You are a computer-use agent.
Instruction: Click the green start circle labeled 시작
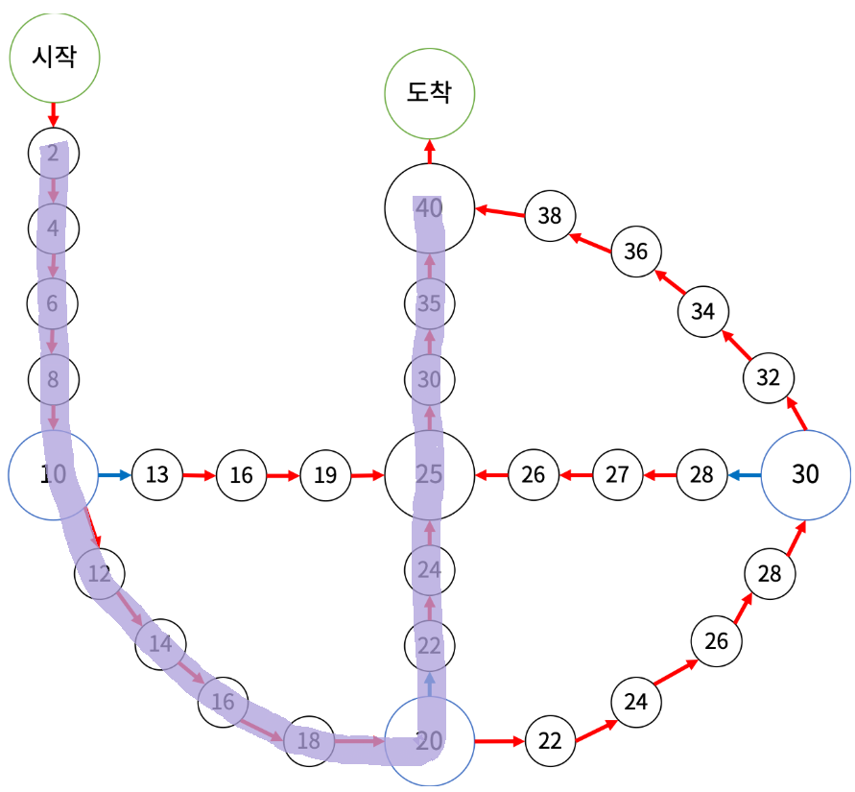pos(55,58)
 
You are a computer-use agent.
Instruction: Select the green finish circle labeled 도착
pos(429,93)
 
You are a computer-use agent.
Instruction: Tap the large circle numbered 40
pos(429,207)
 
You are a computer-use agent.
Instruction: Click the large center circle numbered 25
pos(429,474)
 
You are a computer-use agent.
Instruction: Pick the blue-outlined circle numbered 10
pos(53,474)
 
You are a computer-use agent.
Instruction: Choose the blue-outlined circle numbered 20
pos(429,741)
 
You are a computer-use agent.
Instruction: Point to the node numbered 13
pos(157,474)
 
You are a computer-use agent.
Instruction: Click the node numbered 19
pos(326,474)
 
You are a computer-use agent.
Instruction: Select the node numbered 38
pos(550,215)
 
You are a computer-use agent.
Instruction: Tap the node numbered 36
pos(636,252)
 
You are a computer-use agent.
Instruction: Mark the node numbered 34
pos(703,311)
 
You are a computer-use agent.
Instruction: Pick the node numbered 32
pos(769,376)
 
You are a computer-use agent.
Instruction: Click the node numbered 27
pos(618,474)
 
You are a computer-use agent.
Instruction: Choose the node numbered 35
pos(429,305)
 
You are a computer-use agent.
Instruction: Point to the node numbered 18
pos(309,740)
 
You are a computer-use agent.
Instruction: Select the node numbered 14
pos(160,643)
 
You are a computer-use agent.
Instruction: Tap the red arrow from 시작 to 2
pos(54,115)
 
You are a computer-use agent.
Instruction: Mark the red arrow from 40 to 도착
pos(429,152)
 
